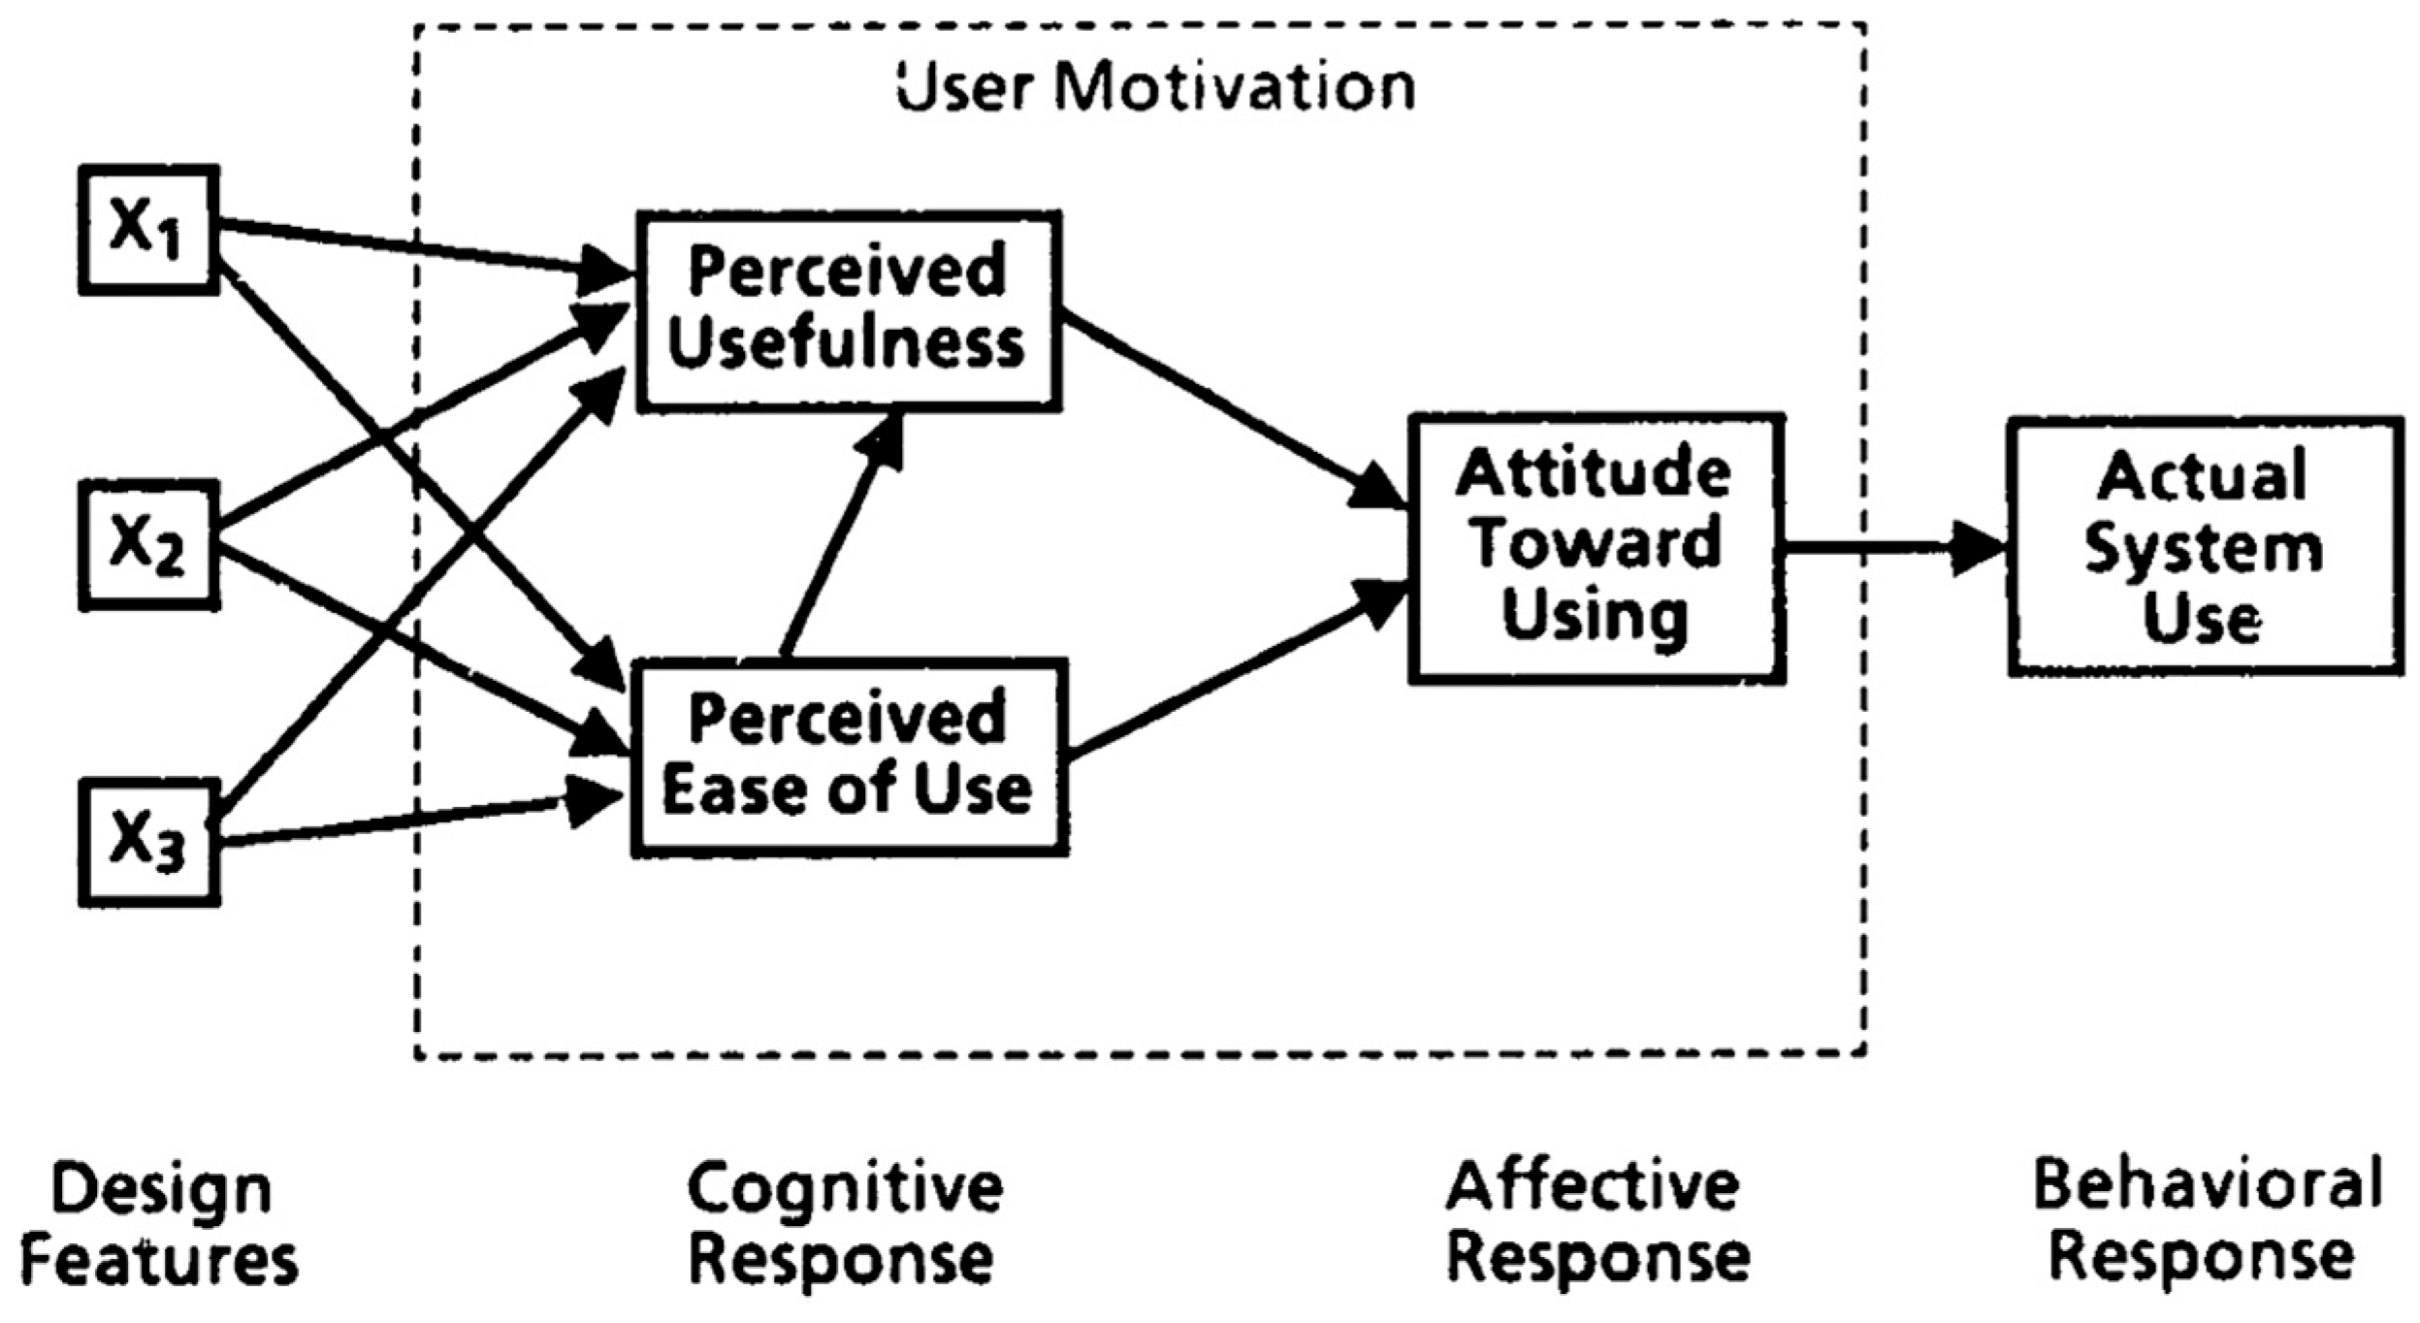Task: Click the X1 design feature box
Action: point(148,230)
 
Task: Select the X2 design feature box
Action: point(148,545)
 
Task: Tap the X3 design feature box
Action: point(148,842)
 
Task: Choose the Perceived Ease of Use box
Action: point(850,758)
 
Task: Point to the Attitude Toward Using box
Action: point(1597,549)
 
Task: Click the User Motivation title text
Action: point(1155,88)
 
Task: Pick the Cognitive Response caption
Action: point(845,1222)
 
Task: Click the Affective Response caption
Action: point(1597,1222)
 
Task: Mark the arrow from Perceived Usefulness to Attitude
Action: point(1233,408)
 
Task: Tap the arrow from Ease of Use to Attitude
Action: point(1238,667)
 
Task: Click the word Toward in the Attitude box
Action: point(1596,543)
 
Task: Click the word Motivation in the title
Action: point(1235,88)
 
